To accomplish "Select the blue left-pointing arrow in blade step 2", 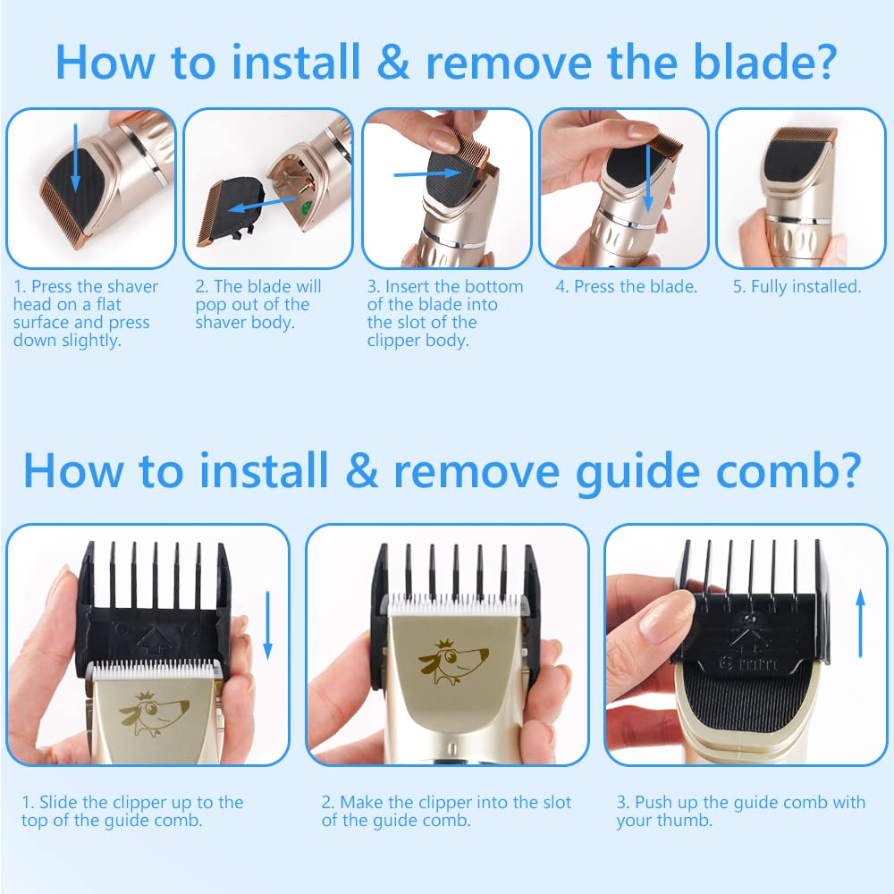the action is click(262, 204).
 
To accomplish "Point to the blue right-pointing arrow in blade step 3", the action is click(427, 174).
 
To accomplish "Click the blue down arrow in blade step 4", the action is click(647, 179).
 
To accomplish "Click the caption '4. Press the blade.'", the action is click(627, 286).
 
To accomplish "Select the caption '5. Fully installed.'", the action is click(797, 286).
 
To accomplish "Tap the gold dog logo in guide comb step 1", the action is click(154, 713).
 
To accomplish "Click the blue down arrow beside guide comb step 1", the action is click(267, 626).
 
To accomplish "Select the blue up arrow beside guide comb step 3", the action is click(861, 624).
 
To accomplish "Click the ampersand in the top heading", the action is click(393, 62).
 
